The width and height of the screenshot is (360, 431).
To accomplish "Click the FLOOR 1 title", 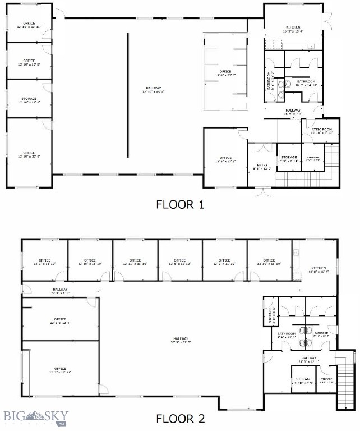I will [179, 205].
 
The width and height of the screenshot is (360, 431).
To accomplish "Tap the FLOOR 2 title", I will [179, 418].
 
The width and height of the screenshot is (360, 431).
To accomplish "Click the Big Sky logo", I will [35, 416].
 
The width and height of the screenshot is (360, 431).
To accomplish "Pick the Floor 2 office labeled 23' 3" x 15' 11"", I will [59, 370].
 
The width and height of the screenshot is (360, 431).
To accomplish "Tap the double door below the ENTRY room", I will [261, 192].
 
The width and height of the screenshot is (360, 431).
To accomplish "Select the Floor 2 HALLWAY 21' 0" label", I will [309, 360].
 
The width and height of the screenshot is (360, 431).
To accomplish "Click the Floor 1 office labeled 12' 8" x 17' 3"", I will [225, 159].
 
